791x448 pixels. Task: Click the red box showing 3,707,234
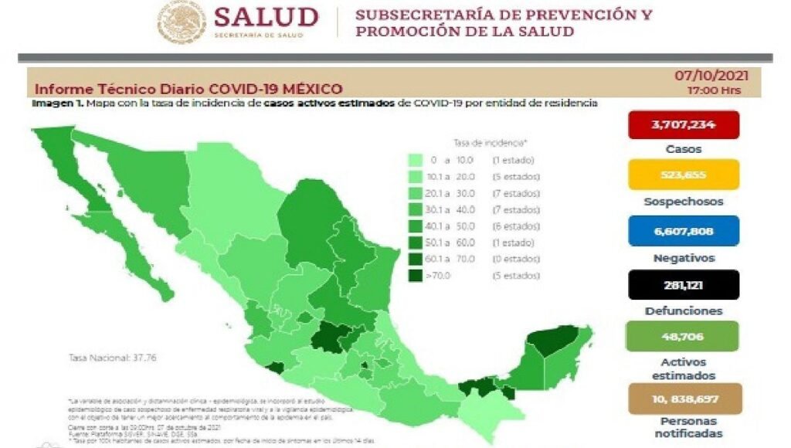pos(683,124)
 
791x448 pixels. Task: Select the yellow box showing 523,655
pos(683,175)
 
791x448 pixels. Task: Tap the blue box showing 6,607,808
pos(683,230)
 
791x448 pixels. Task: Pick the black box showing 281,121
pos(683,284)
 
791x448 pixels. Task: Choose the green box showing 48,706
pos(683,336)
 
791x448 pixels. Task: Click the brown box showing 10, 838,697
pos(683,399)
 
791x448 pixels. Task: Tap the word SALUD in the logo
pos(266,16)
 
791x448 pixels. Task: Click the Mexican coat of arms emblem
pos(182,21)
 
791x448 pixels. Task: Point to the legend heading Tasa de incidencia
pos(491,143)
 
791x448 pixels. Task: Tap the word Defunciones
pos(683,311)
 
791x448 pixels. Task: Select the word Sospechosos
pos(683,202)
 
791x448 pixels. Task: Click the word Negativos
pos(683,258)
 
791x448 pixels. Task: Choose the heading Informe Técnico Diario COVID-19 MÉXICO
pos(188,89)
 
